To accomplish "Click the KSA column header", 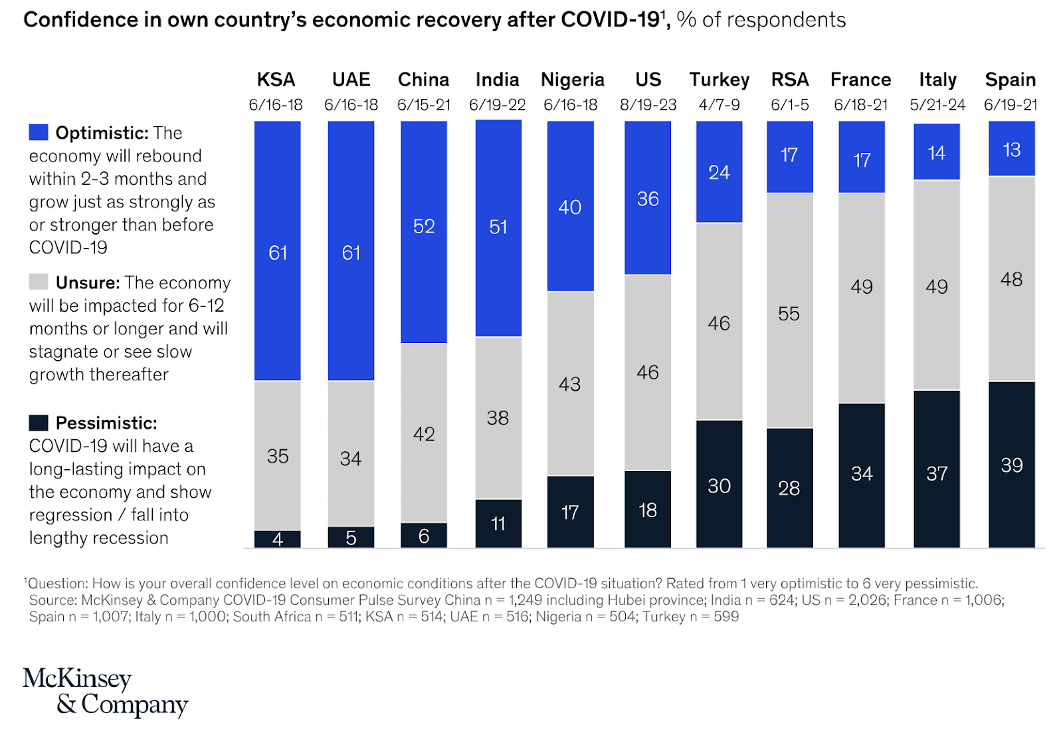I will coord(276,80).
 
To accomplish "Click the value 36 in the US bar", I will coord(648,199).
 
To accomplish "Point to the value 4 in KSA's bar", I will coord(278,539).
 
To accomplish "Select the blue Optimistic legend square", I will coord(39,132).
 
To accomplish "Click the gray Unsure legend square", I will coord(39,282).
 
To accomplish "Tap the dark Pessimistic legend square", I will coord(39,423).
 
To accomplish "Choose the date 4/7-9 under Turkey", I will coord(719,105).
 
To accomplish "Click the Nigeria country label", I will coord(572,80).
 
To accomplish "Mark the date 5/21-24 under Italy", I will coord(937,105).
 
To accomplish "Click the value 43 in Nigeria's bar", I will coord(569,384).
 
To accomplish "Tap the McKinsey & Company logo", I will coord(105,691).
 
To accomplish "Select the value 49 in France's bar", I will coord(862,286).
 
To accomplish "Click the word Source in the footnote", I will coord(52,600).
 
